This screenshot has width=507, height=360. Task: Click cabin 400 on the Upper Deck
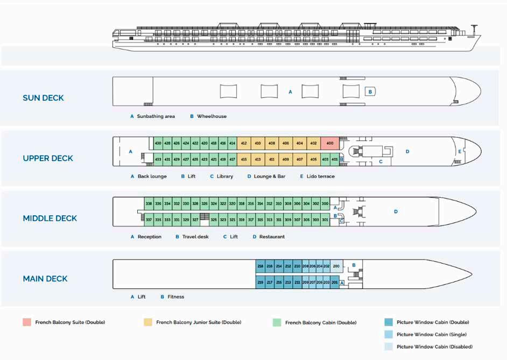tap(329, 144)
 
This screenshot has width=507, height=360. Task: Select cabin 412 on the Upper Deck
tap(244, 144)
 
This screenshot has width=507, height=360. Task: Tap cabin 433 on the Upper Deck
tap(158, 159)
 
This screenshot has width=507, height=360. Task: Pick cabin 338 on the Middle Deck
tap(149, 204)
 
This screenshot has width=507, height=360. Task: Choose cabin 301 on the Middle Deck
tap(325, 220)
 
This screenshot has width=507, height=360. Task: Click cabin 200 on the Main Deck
tap(336, 266)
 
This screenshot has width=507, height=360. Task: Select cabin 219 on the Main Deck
tap(260, 282)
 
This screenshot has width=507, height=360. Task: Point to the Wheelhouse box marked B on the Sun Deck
tap(370, 92)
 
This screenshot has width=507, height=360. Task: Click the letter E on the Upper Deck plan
tap(459, 152)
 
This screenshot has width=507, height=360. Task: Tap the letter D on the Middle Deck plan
tap(396, 212)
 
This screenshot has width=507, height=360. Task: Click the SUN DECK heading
tap(43, 98)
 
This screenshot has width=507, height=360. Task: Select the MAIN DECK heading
tap(46, 279)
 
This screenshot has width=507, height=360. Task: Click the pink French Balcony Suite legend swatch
tap(26, 322)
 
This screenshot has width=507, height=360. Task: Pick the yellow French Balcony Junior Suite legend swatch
tap(147, 322)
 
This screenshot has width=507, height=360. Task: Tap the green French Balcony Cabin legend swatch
tap(277, 322)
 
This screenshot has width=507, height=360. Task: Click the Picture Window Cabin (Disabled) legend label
tap(434, 347)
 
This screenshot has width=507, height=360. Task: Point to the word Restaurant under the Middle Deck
tap(272, 237)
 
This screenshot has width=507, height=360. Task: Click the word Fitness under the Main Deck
tap(175, 297)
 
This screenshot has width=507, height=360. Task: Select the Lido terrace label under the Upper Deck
tap(320, 177)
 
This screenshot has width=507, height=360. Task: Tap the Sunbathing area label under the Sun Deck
tap(156, 116)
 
